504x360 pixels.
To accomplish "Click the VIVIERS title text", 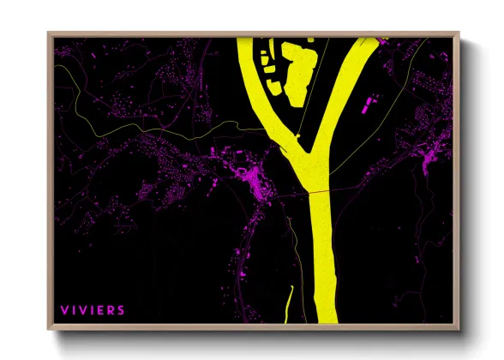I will point(93,309).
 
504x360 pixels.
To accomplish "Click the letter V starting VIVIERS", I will point(64,309).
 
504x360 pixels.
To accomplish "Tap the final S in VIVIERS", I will point(121,309).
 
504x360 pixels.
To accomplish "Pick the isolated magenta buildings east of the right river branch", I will point(369,107).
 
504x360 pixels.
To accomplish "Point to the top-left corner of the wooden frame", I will point(50,34).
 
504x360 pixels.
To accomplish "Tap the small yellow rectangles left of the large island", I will point(267,64).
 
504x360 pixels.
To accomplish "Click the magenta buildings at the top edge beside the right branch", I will point(381,39).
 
